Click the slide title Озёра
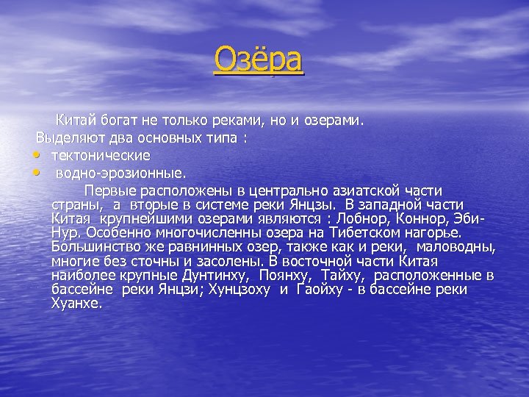pos(258,60)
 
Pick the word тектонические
pos(101,155)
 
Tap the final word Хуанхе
pos(76,303)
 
